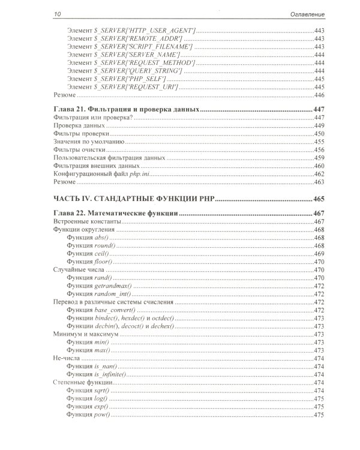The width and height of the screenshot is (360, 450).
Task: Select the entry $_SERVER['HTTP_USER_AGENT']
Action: click(x=131, y=29)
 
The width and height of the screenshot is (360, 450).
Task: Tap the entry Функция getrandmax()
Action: click(x=99, y=286)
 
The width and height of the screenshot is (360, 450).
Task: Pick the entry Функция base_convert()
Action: click(x=100, y=310)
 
